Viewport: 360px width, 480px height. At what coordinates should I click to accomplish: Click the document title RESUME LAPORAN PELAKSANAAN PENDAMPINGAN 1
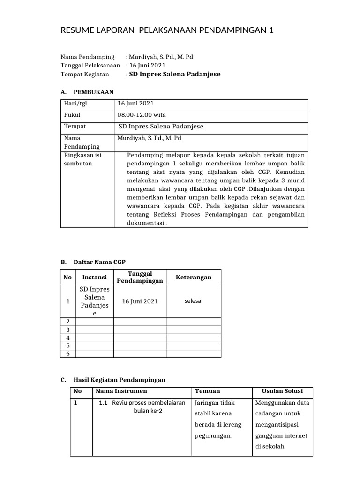167,31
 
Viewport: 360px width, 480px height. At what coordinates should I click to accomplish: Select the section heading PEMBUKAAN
93,92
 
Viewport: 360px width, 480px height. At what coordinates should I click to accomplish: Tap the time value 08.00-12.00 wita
142,115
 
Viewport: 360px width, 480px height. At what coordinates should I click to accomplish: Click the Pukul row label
72,115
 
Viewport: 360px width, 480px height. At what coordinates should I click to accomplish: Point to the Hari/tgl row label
76,104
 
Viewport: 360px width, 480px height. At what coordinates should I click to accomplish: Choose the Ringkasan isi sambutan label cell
82,159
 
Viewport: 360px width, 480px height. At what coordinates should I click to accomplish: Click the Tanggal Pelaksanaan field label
90,66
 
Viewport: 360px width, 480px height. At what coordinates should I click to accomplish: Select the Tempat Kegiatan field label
85,74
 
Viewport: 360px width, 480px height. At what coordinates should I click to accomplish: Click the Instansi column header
94,277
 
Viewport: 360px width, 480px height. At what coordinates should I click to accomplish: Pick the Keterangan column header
194,277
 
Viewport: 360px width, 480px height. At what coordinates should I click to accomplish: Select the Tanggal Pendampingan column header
140,277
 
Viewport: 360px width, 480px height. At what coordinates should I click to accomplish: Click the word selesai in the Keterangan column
194,301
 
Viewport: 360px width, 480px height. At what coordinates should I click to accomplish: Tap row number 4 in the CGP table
67,337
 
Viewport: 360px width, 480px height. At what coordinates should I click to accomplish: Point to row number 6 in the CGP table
67,353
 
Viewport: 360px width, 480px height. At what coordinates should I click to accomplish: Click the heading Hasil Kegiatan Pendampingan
120,379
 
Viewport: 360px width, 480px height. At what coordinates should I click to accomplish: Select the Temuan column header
208,391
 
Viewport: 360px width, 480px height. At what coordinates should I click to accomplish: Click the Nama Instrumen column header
121,391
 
